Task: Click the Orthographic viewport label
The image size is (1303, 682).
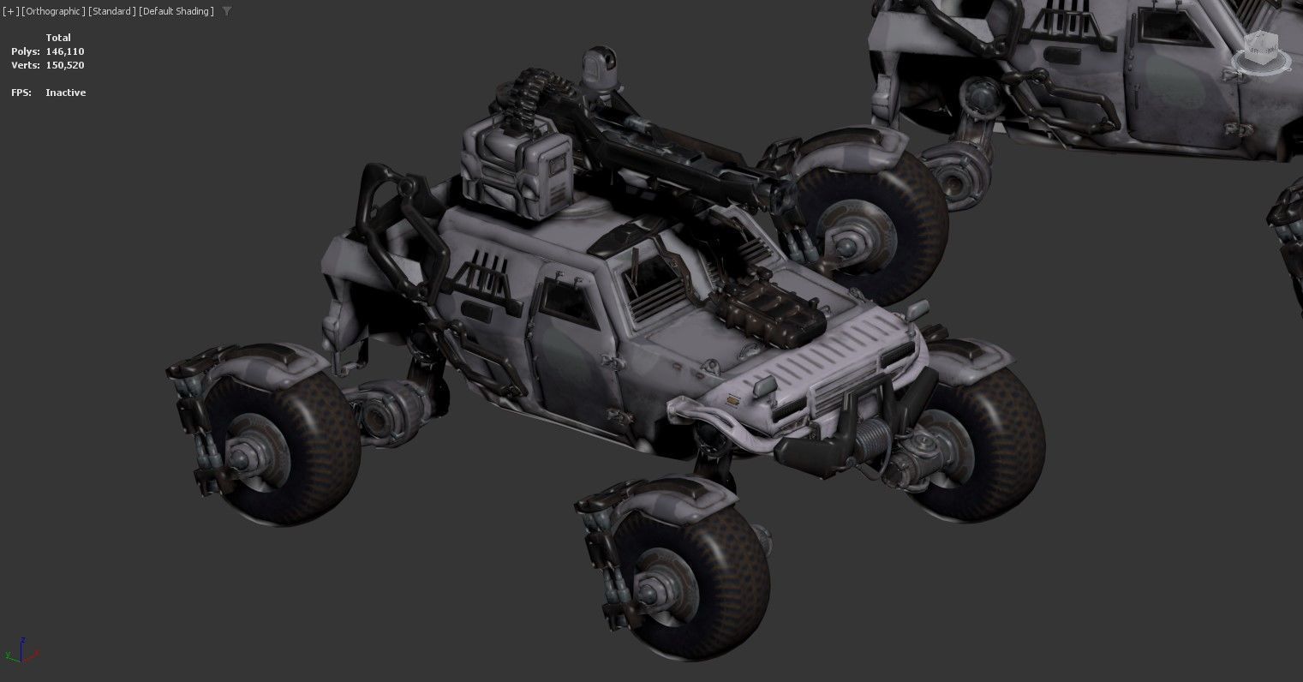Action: pyautogui.click(x=53, y=11)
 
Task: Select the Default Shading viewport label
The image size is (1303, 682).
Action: pyautogui.click(x=176, y=11)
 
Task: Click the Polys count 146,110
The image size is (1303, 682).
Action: pyautogui.click(x=65, y=51)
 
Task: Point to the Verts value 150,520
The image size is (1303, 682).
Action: pyautogui.click(x=65, y=65)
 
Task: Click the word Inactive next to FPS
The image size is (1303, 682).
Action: pyautogui.click(x=65, y=93)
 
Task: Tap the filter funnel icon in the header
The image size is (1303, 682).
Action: pyautogui.click(x=226, y=11)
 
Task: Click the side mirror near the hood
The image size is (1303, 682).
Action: pyautogui.click(x=917, y=309)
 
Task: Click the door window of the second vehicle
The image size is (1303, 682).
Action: pyautogui.click(x=1169, y=30)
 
